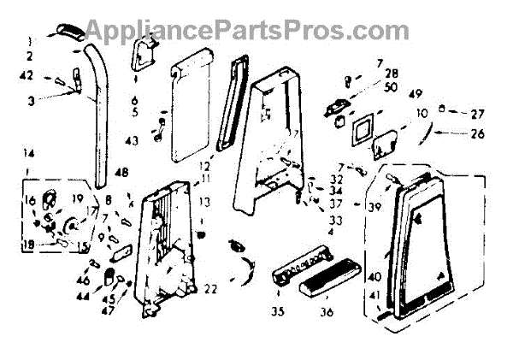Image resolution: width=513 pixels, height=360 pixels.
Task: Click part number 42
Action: pos(28,74)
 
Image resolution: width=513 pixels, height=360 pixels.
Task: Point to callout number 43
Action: pos(133,139)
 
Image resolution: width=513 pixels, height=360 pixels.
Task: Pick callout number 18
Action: pos(28,244)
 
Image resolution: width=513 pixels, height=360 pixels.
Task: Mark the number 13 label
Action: pos(204,201)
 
